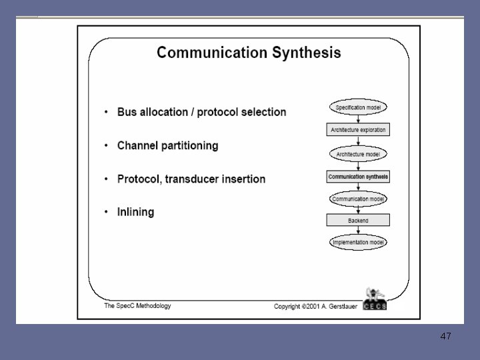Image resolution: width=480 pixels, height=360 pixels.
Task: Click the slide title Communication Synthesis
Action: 249,53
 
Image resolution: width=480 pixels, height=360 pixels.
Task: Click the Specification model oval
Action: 359,107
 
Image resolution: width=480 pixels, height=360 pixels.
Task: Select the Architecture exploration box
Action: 359,129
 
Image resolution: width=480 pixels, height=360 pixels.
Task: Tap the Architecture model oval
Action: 359,154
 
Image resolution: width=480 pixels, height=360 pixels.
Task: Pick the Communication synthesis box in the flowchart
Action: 359,177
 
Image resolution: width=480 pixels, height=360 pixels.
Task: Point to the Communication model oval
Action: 359,199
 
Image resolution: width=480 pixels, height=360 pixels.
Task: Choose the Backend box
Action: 359,220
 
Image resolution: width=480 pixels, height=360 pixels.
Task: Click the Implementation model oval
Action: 359,243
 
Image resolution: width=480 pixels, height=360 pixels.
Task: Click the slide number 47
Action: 446,336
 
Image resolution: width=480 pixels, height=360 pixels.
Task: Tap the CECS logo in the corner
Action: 375,299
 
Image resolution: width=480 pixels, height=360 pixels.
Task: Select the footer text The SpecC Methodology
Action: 138,306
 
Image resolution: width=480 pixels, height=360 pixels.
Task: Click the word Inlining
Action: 135,212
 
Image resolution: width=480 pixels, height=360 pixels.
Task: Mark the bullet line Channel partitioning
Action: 167,145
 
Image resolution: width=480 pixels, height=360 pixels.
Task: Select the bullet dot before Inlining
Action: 106,213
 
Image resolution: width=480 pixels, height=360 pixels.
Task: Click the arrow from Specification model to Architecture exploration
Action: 359,118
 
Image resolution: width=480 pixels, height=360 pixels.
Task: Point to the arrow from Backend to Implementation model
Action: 359,231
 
